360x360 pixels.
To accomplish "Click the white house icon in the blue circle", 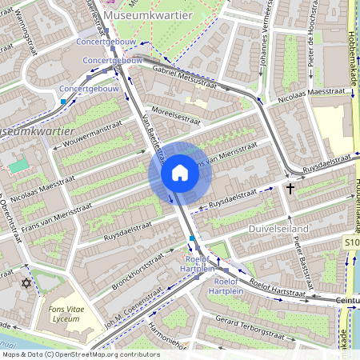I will click(180, 173).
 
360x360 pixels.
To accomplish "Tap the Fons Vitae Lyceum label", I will click(62, 313).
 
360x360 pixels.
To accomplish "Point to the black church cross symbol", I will click(290, 188).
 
